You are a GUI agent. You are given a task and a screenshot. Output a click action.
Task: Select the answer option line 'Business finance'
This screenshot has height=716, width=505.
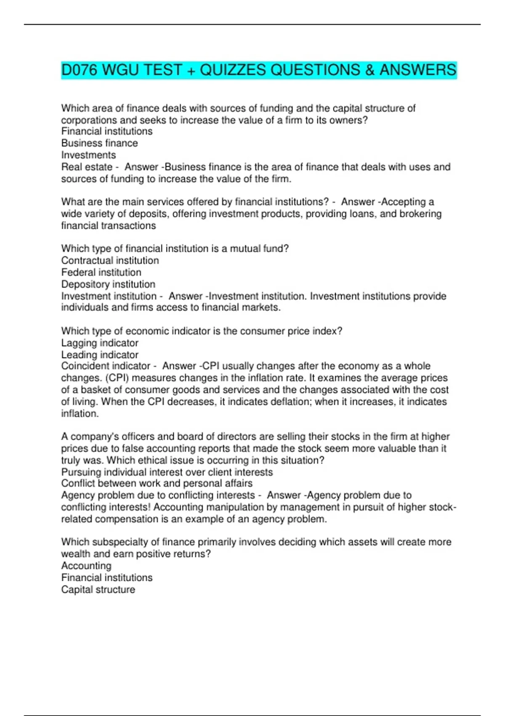[99, 143]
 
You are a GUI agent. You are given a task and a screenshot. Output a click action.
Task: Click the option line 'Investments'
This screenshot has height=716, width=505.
[88, 155]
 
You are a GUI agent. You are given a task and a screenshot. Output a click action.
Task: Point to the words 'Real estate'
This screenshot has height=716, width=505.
[87, 167]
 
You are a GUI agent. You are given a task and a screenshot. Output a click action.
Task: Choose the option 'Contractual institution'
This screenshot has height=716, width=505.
[110, 260]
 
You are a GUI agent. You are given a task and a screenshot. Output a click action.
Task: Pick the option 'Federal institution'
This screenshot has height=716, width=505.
[101, 272]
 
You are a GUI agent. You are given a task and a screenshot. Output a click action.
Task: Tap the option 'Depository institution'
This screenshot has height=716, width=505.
[108, 284]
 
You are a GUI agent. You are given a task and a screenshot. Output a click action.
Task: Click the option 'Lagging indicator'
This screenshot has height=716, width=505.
[100, 343]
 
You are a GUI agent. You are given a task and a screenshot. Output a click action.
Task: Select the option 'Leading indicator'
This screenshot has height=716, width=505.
[100, 355]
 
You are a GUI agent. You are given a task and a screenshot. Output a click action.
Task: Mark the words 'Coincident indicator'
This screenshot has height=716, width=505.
[106, 366]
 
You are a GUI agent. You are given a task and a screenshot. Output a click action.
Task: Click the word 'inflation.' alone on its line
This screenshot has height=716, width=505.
[80, 414]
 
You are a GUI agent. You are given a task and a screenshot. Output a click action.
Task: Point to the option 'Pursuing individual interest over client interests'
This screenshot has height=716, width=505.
[167, 472]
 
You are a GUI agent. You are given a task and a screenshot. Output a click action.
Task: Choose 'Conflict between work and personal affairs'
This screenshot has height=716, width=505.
[157, 483]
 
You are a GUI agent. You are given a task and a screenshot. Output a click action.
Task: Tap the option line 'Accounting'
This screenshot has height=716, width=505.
[86, 566]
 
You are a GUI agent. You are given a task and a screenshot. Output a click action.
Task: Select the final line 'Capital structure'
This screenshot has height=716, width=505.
[98, 590]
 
